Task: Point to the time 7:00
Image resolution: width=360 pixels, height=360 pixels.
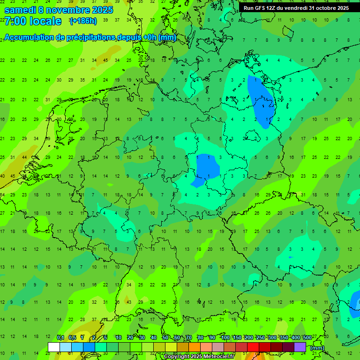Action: [15, 21]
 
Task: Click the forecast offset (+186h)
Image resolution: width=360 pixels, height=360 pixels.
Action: [83, 21]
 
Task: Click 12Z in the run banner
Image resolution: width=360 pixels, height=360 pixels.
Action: [274, 8]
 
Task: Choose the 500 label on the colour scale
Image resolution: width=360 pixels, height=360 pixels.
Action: [307, 338]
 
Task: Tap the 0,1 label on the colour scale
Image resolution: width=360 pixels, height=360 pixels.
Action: [60, 338]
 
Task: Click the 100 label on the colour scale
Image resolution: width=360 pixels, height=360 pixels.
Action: [225, 338]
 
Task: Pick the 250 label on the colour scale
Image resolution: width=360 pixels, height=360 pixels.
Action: [260, 338]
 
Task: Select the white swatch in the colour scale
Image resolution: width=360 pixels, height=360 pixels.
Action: [54, 347]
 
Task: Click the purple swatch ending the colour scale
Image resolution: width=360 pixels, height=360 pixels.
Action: [300, 347]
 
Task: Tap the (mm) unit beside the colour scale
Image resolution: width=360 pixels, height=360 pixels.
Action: [317, 348]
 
